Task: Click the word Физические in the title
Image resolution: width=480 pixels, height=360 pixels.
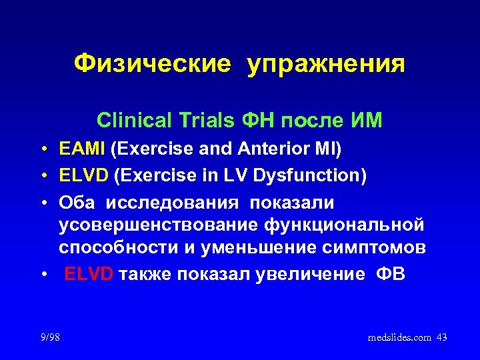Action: (x=152, y=64)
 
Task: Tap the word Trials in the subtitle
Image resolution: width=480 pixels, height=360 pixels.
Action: (x=203, y=120)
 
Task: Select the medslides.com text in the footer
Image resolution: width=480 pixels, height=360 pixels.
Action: (x=399, y=338)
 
